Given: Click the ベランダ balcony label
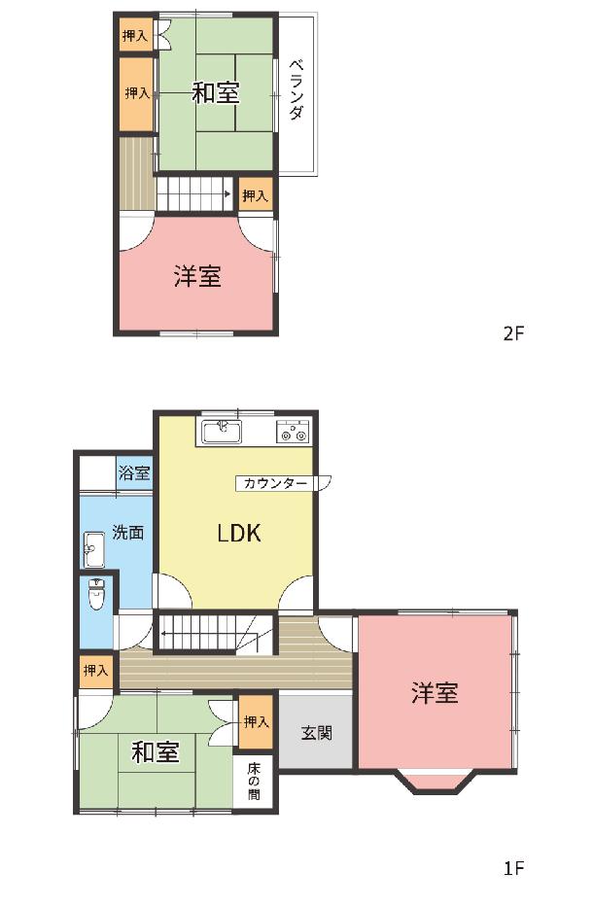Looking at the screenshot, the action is coord(296,89).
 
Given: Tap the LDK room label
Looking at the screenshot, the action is coord(239,533).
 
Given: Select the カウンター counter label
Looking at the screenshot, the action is coord(274,483).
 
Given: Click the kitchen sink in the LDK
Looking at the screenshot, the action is coord(222,432).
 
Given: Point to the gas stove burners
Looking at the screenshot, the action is coord(293,432).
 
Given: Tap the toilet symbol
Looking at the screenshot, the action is coord(96,593).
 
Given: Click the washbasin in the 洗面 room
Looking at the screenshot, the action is coord(92,549).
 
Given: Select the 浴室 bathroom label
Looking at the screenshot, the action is coord(134,473).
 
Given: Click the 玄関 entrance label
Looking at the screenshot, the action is coord(316,733).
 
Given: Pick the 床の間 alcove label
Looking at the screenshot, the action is coord(254,782).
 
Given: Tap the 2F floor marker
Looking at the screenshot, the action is coord(513,333).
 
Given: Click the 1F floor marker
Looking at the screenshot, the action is coord(513,868).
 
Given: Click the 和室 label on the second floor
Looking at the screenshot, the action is coord(216,92).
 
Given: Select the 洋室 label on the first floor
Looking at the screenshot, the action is coord(435,692).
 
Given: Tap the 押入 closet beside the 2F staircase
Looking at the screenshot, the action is coord(255,195).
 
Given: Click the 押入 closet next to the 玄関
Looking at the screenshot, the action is coord(256,721).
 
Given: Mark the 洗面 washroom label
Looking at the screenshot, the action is coord(128,532).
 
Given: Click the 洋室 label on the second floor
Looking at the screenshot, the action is coord(197,276).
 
